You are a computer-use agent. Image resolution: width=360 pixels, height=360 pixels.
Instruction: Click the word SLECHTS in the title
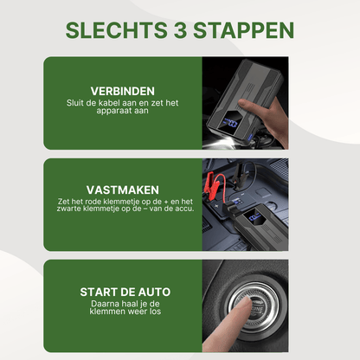click(116, 30)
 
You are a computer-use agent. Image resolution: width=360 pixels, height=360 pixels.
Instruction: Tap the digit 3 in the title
click(180, 30)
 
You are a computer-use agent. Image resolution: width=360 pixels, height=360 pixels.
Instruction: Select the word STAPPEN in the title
click(244, 30)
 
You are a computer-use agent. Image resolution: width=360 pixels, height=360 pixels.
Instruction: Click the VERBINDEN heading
click(123, 91)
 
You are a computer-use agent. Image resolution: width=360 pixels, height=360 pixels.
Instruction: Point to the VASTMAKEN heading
click(123, 190)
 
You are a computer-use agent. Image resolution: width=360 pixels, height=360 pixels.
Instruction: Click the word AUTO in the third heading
click(154, 292)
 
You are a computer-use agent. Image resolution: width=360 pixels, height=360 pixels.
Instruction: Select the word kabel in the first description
click(109, 103)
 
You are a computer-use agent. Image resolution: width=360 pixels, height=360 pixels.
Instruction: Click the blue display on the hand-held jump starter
click(231, 123)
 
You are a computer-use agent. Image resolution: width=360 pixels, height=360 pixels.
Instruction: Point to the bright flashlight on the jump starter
click(222, 142)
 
